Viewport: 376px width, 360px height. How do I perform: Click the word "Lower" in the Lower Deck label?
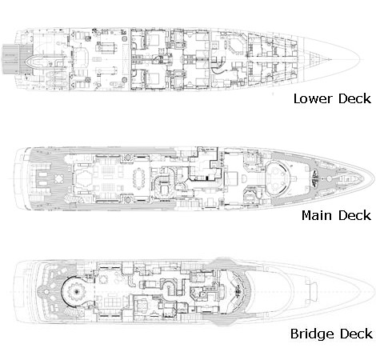coord(314,98)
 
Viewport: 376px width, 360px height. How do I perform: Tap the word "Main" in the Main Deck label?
coord(318,215)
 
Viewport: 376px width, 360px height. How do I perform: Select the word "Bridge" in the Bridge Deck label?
coord(312,334)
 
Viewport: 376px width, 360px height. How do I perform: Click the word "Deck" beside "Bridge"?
coord(356,334)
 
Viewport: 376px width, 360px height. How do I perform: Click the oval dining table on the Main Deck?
coord(138,179)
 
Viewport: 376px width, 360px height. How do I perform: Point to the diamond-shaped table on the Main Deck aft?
coord(58,178)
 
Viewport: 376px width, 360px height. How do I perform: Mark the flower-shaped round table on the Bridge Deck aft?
coord(77,292)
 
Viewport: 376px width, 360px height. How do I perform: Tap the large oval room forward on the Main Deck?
coord(278,178)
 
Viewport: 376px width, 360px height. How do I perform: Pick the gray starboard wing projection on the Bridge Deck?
coord(223,319)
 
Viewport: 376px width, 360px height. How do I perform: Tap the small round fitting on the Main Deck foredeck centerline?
coord(329,178)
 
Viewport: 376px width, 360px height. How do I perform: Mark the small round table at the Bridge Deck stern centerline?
coord(46,292)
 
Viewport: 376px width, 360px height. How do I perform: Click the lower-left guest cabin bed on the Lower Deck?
coord(154,78)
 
